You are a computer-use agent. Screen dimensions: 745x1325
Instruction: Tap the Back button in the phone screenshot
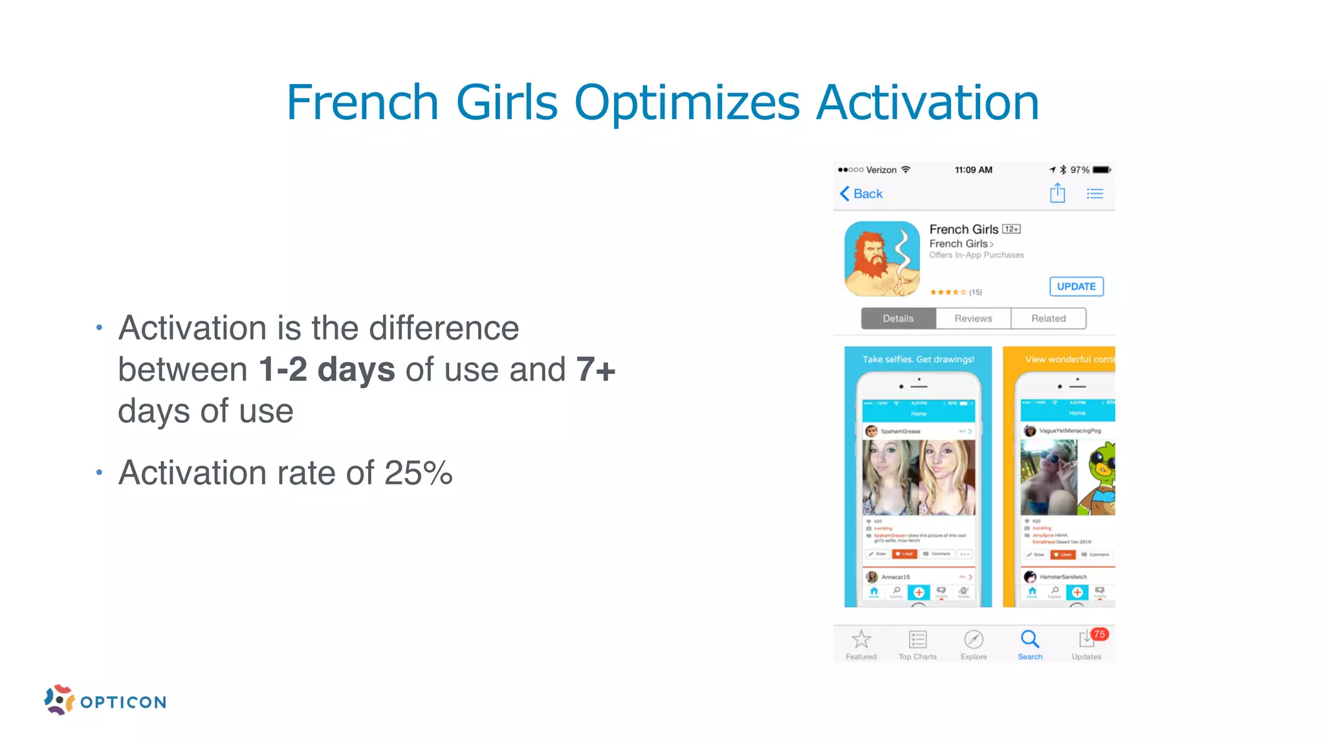[x=861, y=193]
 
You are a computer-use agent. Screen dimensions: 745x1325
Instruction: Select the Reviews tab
[x=973, y=318]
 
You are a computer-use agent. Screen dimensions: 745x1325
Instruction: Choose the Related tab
[x=1048, y=318]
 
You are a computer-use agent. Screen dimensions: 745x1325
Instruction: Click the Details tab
[x=898, y=318]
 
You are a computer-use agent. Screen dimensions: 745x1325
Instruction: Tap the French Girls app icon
[x=882, y=259]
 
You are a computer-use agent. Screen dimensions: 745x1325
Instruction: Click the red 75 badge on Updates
[x=1099, y=634]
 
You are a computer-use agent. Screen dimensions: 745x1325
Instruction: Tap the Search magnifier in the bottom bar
[x=1030, y=640]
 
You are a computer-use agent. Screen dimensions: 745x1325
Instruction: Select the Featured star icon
[x=861, y=640]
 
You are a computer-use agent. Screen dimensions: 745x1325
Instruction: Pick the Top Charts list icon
[x=917, y=640]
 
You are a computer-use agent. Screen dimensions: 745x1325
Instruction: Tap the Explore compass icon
[x=974, y=640]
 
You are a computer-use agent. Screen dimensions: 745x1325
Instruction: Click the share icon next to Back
[x=1057, y=193]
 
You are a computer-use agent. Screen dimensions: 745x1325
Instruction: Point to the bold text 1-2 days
[x=327, y=369]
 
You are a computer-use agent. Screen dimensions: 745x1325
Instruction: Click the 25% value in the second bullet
[x=418, y=473]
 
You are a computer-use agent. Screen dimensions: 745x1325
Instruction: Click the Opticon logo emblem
[x=60, y=700]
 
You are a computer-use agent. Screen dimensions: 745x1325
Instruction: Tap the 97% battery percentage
[x=1079, y=170]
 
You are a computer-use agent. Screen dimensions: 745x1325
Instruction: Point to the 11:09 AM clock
[x=973, y=170]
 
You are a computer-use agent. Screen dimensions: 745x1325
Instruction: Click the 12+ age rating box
[x=1011, y=229]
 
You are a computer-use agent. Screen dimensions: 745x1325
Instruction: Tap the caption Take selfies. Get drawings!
[x=918, y=359]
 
